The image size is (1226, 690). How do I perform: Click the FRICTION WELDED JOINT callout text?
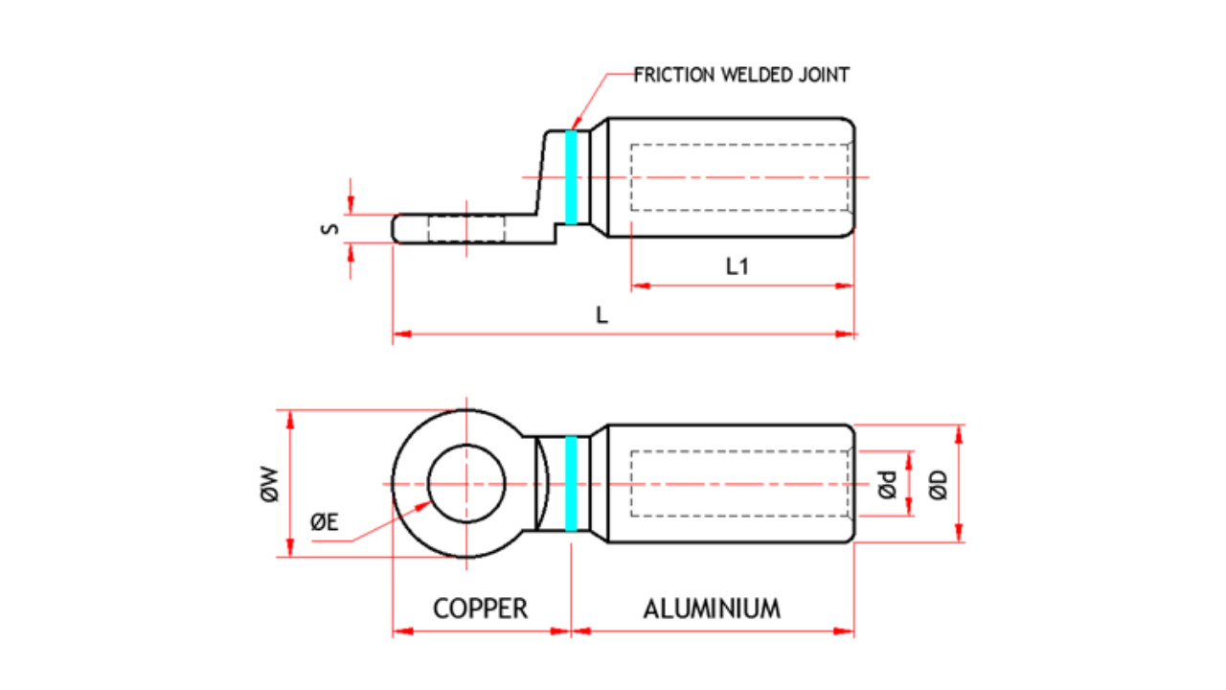click(x=741, y=75)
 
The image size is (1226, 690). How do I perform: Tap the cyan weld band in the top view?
click(x=572, y=177)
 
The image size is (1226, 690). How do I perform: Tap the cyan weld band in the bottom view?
click(x=572, y=484)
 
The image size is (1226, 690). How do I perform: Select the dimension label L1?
click(x=737, y=267)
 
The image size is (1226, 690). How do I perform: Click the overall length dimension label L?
click(x=602, y=315)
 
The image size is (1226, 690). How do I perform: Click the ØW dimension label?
click(x=269, y=484)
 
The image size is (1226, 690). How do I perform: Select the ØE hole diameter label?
click(x=324, y=521)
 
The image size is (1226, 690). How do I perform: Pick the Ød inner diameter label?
click(x=887, y=485)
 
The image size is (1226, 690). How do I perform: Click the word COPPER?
click(x=480, y=609)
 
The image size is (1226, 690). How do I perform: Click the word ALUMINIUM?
click(x=711, y=609)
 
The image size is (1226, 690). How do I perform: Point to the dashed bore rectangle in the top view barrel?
click(x=739, y=177)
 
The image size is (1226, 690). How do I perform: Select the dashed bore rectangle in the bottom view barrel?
click(x=739, y=484)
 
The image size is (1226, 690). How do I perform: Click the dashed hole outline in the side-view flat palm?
click(x=465, y=230)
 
